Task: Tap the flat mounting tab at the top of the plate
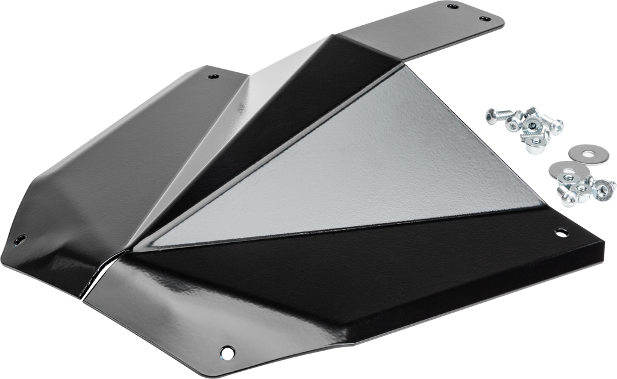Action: click(434, 30)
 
